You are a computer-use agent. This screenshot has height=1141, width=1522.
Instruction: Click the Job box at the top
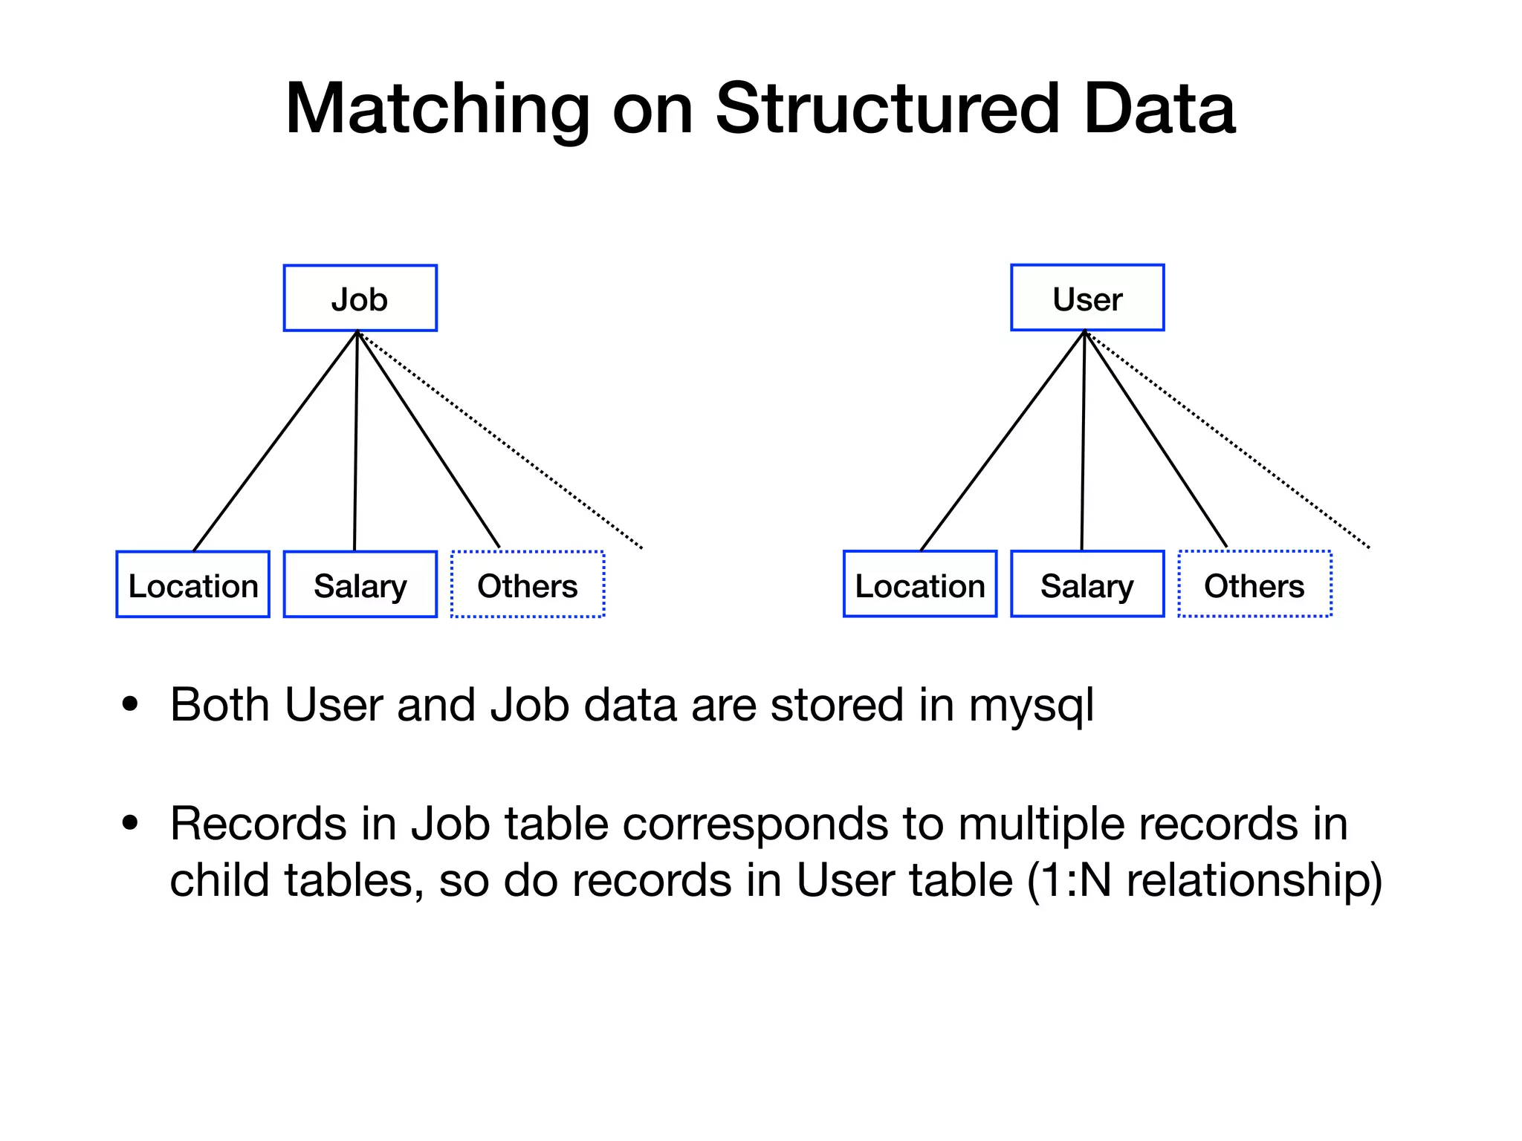[360, 298]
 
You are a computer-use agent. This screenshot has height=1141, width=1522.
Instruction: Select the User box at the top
[1087, 298]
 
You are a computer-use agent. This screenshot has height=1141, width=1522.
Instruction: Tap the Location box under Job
[192, 585]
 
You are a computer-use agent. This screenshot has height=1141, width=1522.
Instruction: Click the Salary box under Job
[360, 585]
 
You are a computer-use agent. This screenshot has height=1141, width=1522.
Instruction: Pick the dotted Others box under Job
[527, 585]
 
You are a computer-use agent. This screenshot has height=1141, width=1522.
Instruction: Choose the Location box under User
[919, 585]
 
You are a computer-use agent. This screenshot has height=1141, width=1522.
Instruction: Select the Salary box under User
[1087, 585]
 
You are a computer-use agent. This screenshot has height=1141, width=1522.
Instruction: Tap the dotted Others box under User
[1254, 585]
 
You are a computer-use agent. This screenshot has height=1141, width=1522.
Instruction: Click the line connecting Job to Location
[275, 441]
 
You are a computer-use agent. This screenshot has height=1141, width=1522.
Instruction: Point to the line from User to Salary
[1083, 441]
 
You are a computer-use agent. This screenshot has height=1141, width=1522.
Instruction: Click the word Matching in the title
[437, 109]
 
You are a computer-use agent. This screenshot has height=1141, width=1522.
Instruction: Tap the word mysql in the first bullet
[1031, 705]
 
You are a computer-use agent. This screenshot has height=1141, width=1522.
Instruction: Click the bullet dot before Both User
[131, 703]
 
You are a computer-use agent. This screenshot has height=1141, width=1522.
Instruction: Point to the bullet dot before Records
[131, 822]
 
